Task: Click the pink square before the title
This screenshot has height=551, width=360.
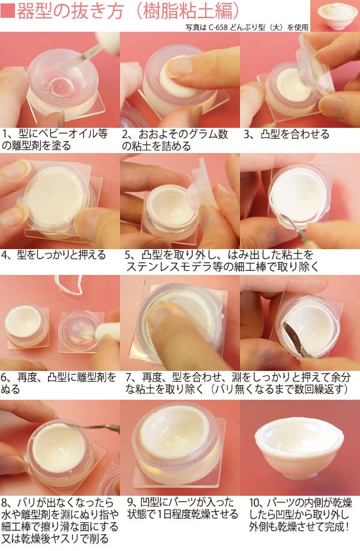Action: tap(8, 11)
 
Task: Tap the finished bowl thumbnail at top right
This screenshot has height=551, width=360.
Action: tap(335, 16)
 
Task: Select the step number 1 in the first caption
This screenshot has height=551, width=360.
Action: tap(5, 134)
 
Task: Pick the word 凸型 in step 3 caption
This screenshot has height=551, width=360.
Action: tap(269, 134)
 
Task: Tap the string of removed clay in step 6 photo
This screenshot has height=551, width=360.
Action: tap(69, 285)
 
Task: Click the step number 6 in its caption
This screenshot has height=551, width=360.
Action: tap(5, 378)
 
